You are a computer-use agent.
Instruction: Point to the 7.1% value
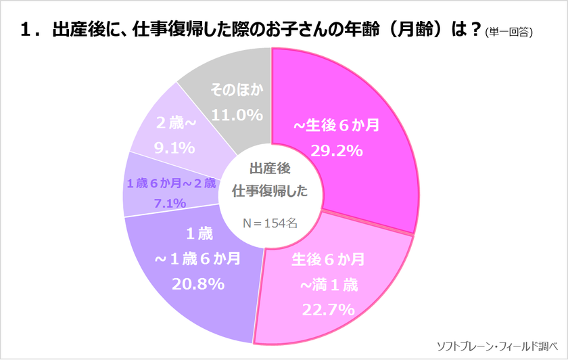170,203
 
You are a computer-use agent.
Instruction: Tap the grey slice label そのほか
236,90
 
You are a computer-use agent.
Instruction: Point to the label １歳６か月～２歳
170,183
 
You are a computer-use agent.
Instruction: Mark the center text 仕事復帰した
270,192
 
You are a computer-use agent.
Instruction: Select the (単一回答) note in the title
509,32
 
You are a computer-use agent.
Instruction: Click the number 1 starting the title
26,30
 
